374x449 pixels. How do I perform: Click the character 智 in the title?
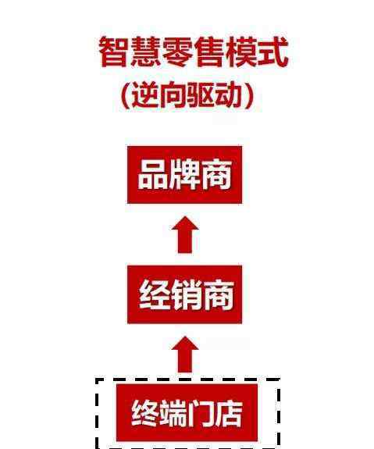[x=113, y=52]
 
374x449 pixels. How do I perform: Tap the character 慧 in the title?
[x=145, y=52]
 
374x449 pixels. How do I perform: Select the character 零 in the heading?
[x=177, y=52]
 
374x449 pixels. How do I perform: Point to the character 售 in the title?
[x=208, y=52]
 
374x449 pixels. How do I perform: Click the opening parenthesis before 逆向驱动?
[x=125, y=95]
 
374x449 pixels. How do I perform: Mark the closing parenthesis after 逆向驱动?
[x=249, y=95]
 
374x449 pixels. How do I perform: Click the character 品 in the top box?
[x=152, y=174]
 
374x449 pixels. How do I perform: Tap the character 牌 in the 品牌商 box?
[x=184, y=174]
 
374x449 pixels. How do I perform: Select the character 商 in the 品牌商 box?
[x=217, y=174]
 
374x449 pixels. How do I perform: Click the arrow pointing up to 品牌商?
[x=185, y=234]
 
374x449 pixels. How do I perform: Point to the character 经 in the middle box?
[x=154, y=294]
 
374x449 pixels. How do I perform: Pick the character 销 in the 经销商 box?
[x=186, y=294]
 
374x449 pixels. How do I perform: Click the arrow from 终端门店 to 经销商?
[x=185, y=355]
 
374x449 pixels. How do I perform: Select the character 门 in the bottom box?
[x=201, y=413]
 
